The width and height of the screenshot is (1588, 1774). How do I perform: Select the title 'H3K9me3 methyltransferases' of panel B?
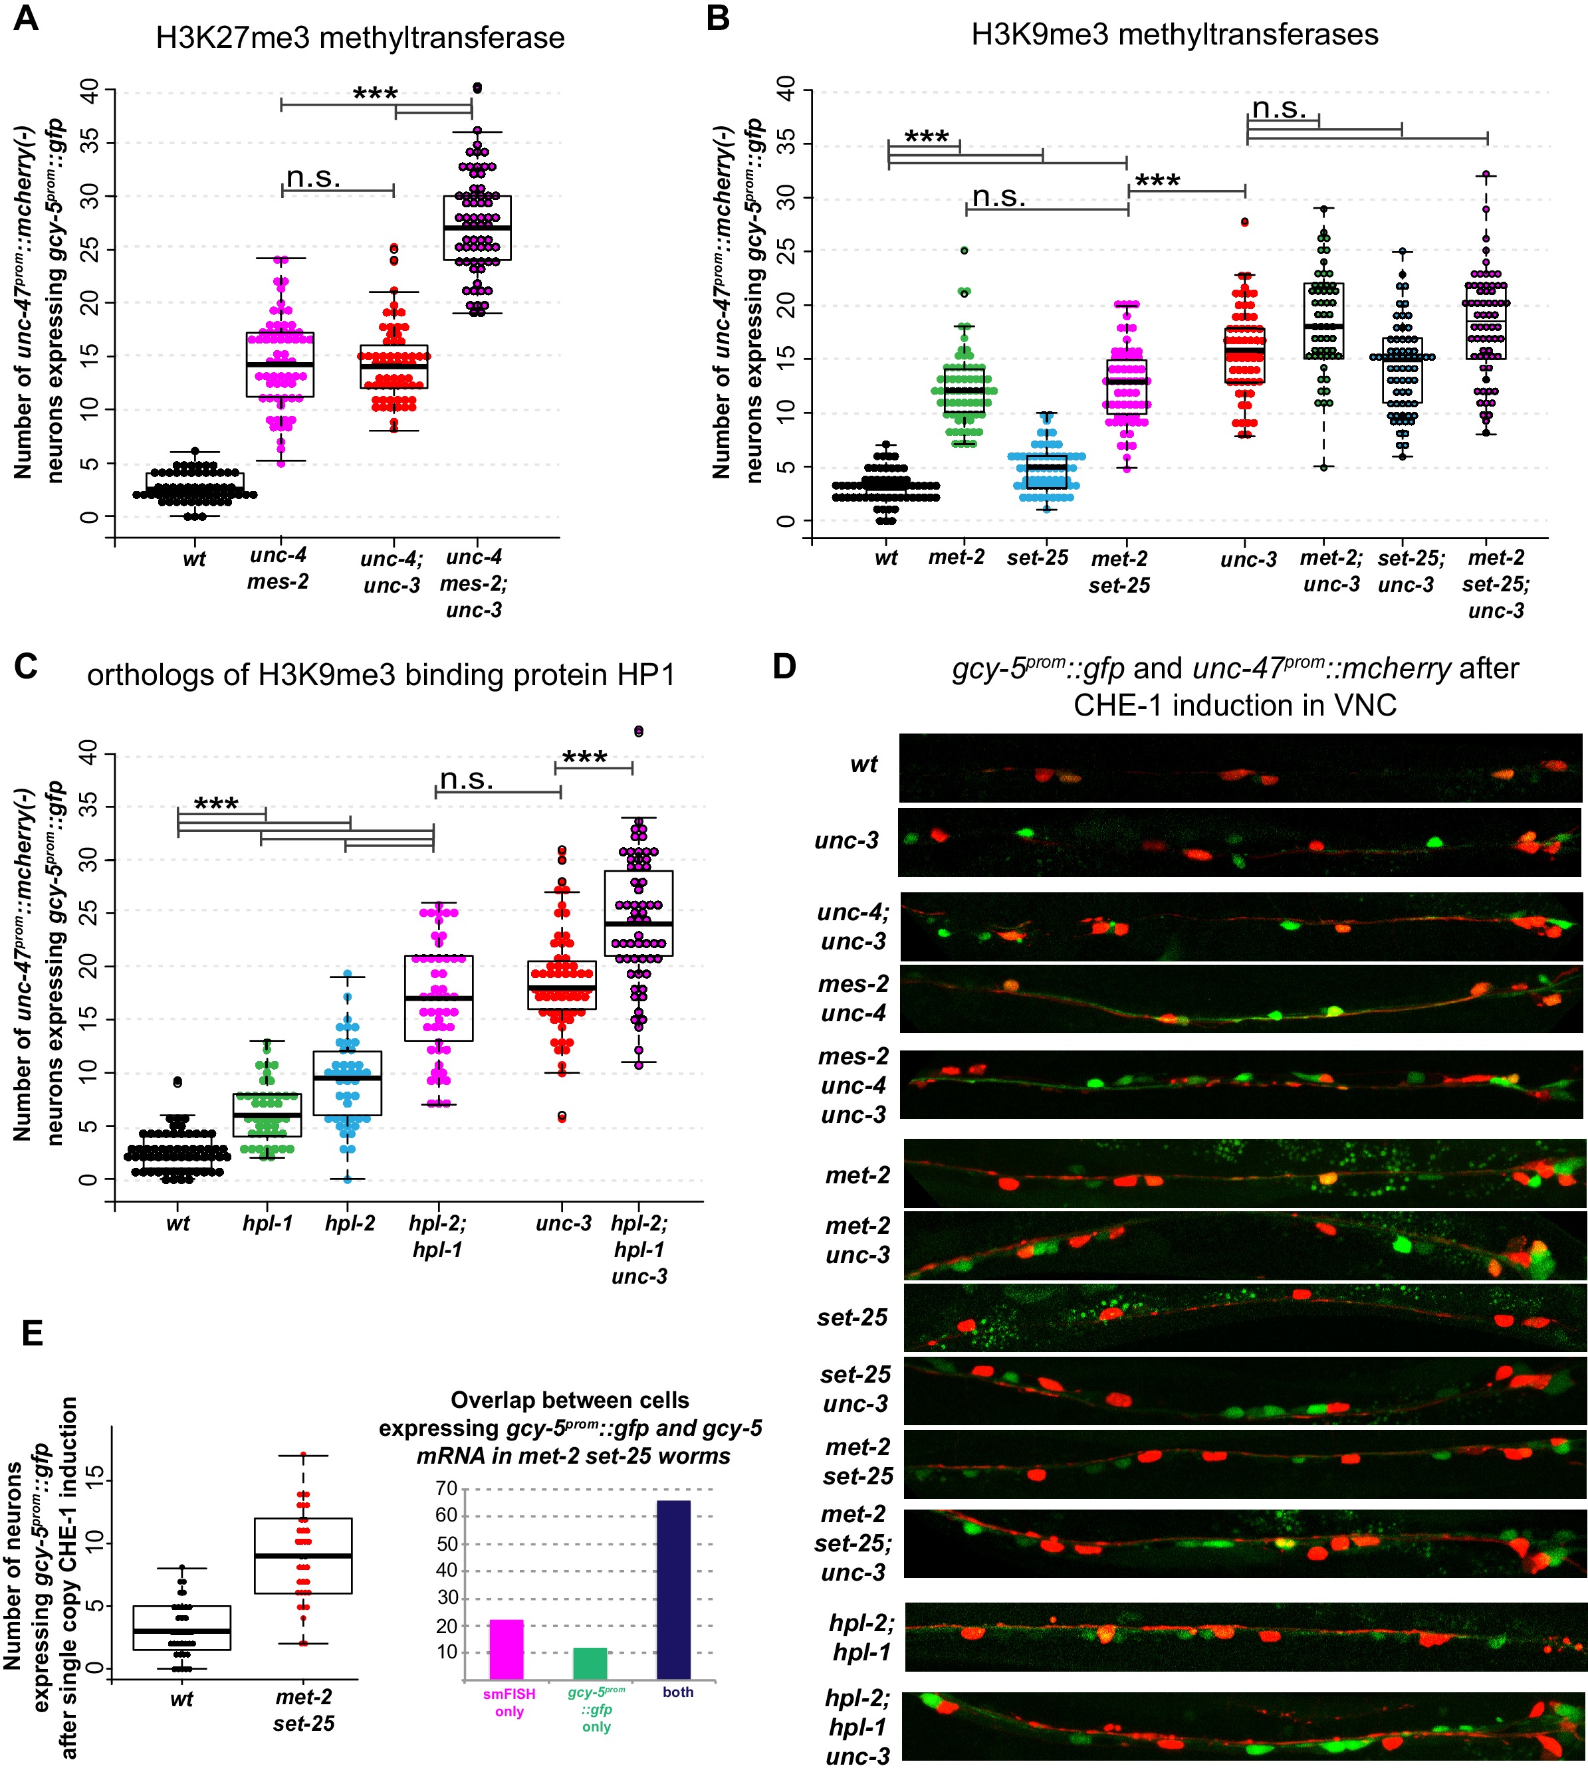coord(1175,35)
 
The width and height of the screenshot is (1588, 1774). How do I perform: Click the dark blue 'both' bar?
coord(673,1589)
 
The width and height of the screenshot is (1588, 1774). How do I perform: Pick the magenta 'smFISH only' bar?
coord(506,1649)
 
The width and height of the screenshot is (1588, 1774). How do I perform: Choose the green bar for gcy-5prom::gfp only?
coord(590,1663)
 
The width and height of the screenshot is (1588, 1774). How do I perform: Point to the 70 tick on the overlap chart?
coord(447,1488)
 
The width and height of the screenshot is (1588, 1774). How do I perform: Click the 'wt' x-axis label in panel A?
coord(193,559)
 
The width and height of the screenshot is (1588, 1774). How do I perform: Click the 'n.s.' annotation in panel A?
coord(313,178)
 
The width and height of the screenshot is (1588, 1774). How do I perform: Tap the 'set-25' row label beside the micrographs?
coord(851,1317)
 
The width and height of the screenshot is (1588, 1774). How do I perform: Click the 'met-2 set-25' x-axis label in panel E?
coord(304,1710)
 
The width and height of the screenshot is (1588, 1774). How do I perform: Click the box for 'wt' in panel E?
coord(181,1627)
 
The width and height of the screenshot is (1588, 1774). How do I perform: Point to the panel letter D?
coord(784,667)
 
